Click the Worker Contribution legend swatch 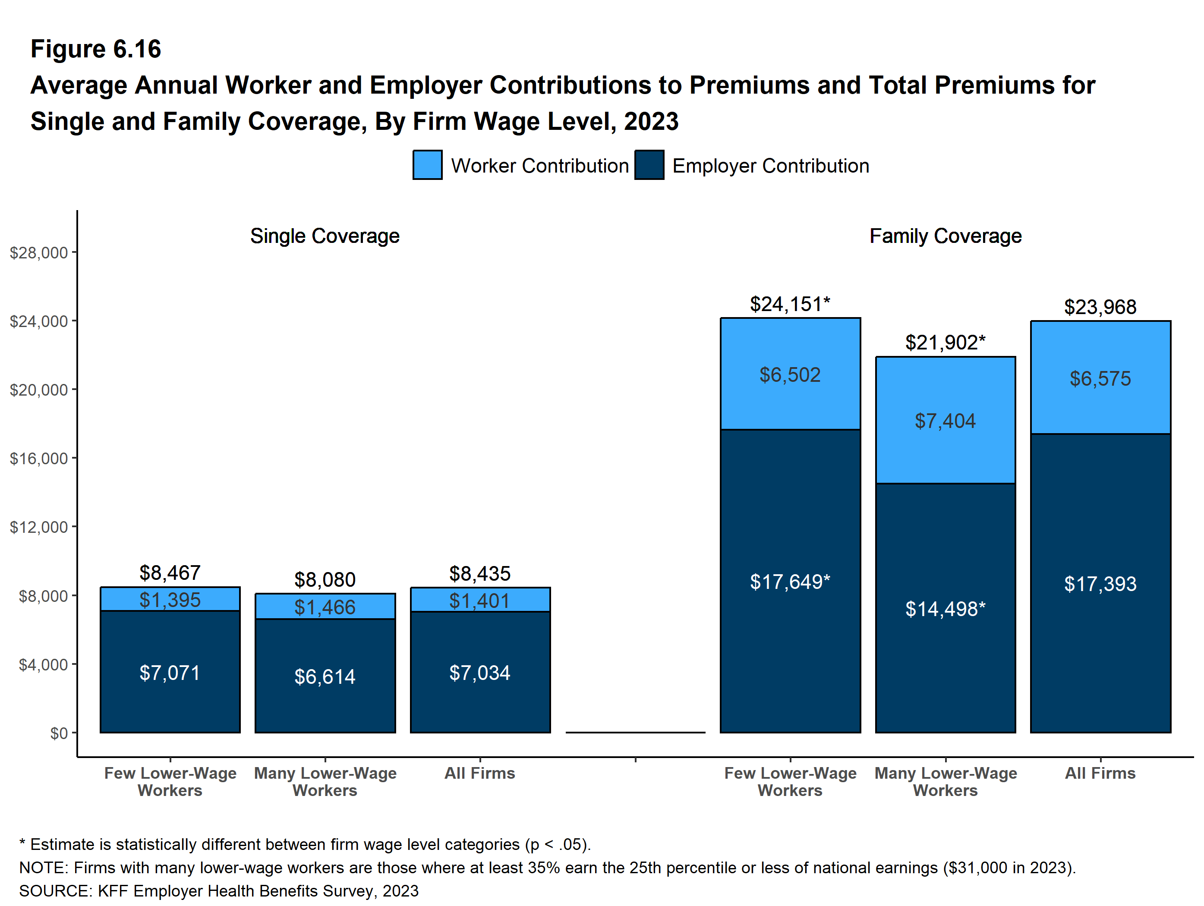coord(427,165)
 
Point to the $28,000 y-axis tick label coord(39,252)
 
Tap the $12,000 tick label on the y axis coord(39,527)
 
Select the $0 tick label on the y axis coord(59,733)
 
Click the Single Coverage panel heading coord(325,236)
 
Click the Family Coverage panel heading coord(945,236)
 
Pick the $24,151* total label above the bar coord(789,304)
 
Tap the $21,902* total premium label coord(945,342)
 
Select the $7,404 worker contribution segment coord(945,421)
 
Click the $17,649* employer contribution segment coord(790,581)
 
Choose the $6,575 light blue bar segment coord(1100,378)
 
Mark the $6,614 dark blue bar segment coord(325,676)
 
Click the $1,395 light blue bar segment coord(170,600)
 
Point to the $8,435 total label coord(479,573)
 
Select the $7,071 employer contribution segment coord(170,673)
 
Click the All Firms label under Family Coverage coord(1100,773)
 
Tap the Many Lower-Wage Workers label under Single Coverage coord(325,781)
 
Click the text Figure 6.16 coord(96,49)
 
